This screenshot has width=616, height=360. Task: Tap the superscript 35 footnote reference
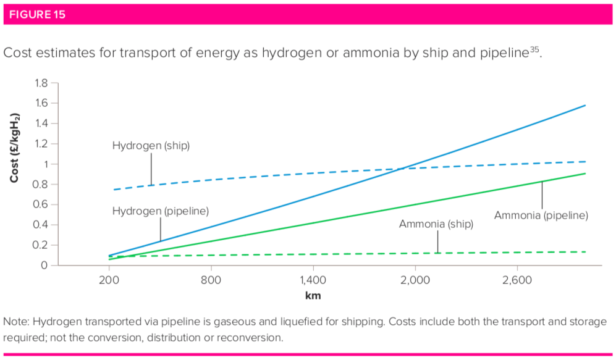click(535, 49)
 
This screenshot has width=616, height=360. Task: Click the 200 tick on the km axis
click(109, 280)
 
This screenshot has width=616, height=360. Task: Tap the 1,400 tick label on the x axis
click(313, 280)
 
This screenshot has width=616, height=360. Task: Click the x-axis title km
click(313, 295)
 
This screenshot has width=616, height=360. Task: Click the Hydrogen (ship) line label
click(151, 146)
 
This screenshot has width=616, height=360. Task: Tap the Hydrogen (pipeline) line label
click(160, 211)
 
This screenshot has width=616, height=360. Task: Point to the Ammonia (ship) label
click(436, 224)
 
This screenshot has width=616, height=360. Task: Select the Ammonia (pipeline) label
click(541, 216)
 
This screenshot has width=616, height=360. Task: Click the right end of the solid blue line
click(584, 106)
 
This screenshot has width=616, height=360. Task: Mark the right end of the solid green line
click(584, 174)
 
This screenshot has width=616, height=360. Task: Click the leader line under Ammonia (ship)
click(437, 242)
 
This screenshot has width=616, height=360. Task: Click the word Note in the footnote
click(15, 322)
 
